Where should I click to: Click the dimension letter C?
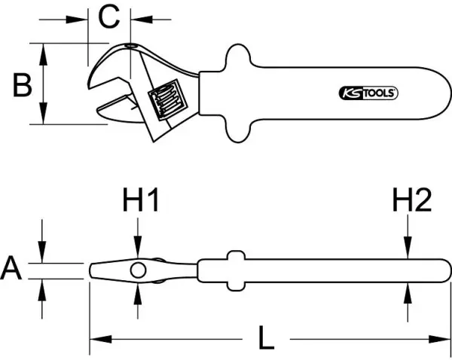(110, 17)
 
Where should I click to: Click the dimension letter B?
(22, 84)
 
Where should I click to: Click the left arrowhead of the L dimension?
(94, 340)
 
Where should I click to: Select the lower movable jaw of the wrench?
(121, 110)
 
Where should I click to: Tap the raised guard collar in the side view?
(234, 270)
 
